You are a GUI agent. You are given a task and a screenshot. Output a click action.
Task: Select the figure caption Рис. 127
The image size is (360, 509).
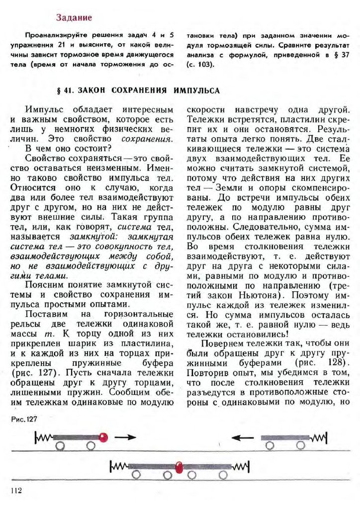coord(24,420)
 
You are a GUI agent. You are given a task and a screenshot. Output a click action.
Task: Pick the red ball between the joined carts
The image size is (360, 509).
coord(180,467)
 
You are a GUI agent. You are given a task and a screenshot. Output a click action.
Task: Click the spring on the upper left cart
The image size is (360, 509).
coord(43,437)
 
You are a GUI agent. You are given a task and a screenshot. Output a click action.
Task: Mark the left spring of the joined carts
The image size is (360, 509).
coord(119,466)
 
